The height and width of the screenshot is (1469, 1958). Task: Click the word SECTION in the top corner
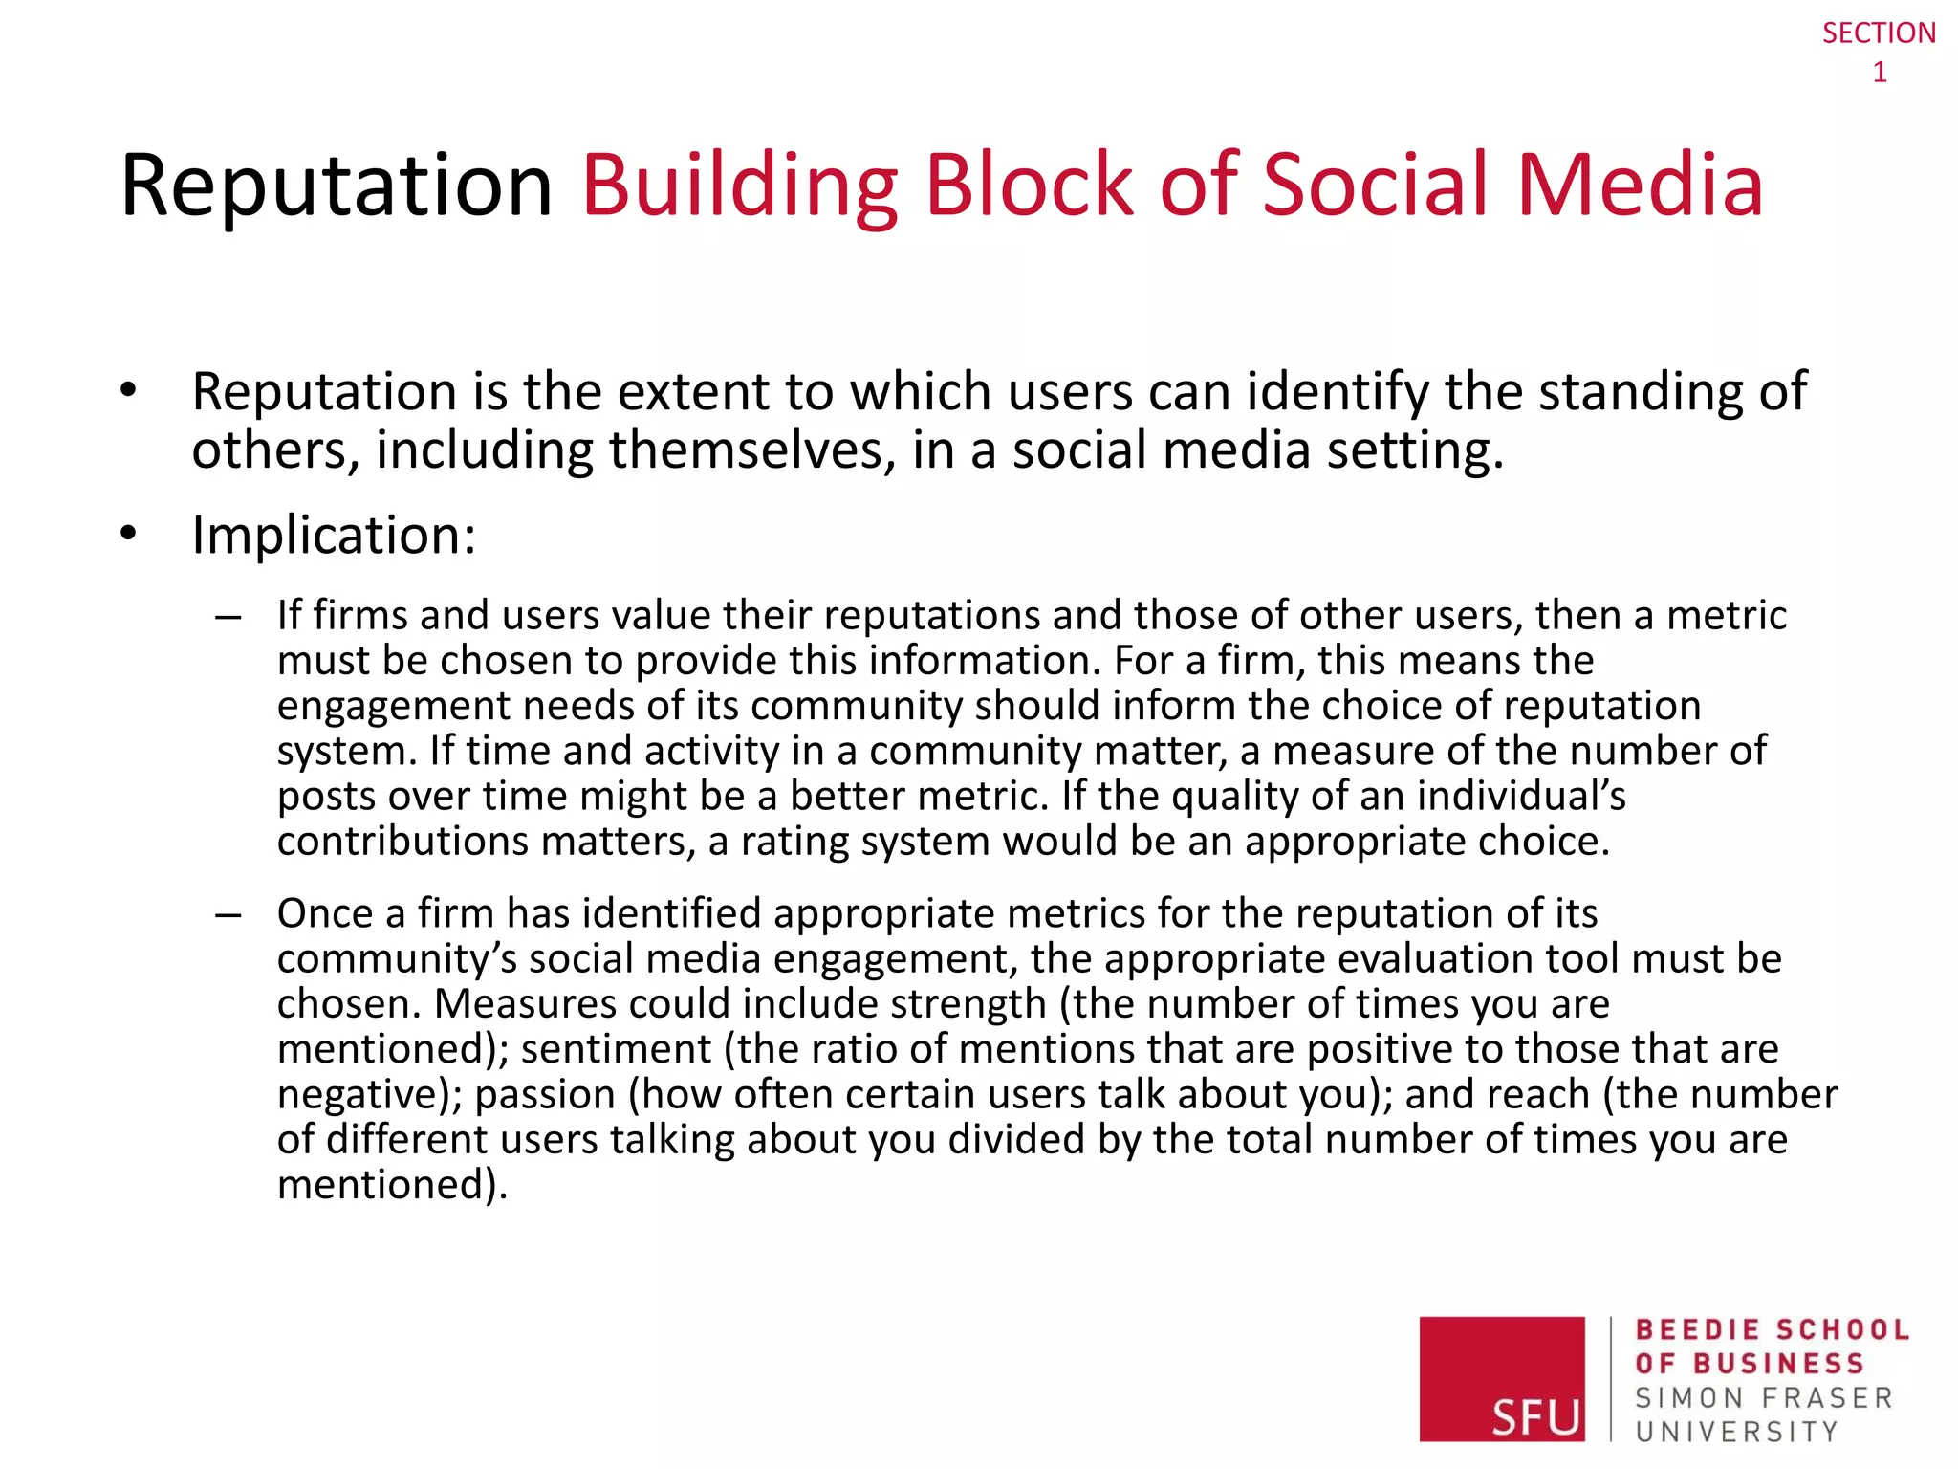coord(1879,33)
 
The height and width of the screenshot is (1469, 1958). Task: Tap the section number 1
coord(1880,73)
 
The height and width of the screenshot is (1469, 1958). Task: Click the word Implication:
coord(334,535)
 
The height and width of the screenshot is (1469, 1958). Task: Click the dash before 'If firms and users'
coord(228,618)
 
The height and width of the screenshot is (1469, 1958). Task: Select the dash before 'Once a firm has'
coord(228,916)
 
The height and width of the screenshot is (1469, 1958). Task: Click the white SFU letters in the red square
coord(1535,1416)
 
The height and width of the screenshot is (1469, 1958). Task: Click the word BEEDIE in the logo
coord(1697,1330)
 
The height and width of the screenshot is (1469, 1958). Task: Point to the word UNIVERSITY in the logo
coord(1736,1432)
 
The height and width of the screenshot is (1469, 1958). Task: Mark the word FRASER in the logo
coord(1827,1398)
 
